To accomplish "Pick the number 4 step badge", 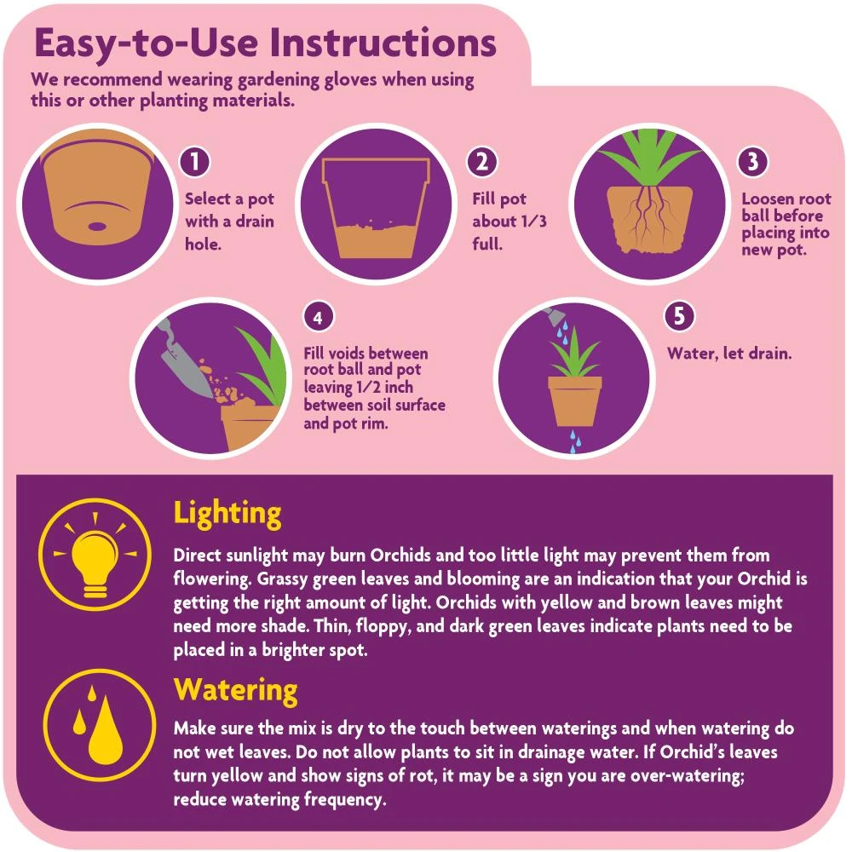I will pyautogui.click(x=318, y=318).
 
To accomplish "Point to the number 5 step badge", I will pyautogui.click(x=678, y=315).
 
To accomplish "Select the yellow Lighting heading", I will pyautogui.click(x=227, y=513).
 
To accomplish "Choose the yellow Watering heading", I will pyautogui.click(x=236, y=688).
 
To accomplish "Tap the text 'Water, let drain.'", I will pyautogui.click(x=729, y=353).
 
